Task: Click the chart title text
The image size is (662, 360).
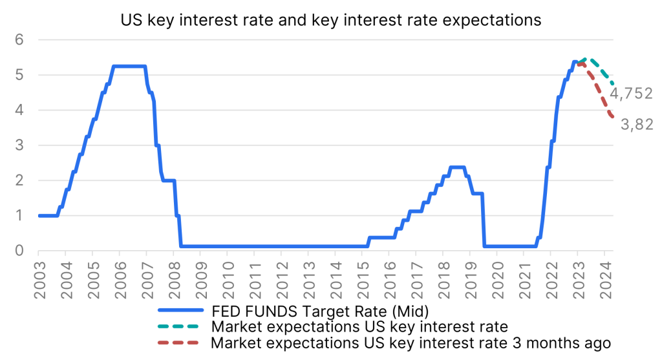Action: click(x=331, y=20)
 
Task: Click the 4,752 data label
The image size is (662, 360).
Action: click(x=632, y=94)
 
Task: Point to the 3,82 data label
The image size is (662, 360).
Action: click(x=637, y=125)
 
